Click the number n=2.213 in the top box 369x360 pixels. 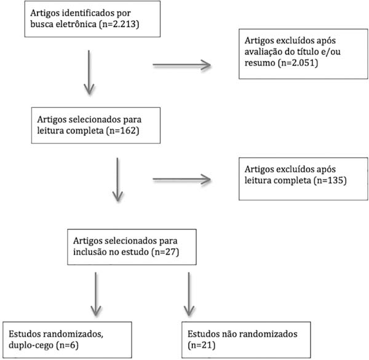(x=119, y=24)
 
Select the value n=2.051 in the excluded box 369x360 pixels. (x=298, y=63)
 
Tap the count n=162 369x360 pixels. (x=123, y=130)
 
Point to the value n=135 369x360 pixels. (x=330, y=180)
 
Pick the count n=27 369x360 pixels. (x=165, y=252)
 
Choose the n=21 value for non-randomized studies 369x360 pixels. (x=202, y=345)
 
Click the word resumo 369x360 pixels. (x=260, y=63)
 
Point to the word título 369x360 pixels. (x=305, y=52)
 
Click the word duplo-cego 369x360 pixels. (x=31, y=345)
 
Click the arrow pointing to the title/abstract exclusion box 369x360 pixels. (x=181, y=65)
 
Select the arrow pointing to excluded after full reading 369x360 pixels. (x=181, y=180)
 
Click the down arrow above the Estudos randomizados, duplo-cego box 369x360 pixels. (x=96, y=294)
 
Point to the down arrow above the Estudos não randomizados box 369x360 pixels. (x=189, y=294)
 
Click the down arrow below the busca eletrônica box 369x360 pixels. (x=89, y=72)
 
